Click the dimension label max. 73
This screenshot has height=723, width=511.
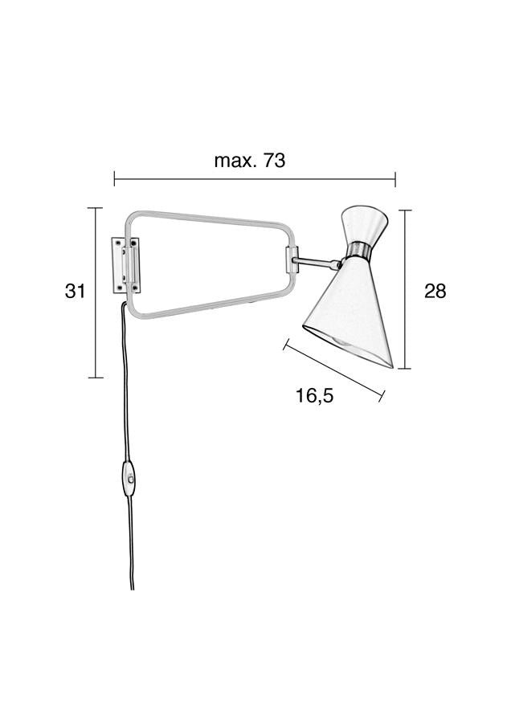click(x=250, y=161)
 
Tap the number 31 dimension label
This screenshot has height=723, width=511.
click(x=76, y=291)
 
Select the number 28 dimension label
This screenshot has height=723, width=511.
click(x=435, y=291)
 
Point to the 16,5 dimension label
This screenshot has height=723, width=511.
click(x=314, y=395)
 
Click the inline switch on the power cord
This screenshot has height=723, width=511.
click(x=129, y=479)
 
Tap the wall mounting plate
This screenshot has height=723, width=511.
click(x=126, y=265)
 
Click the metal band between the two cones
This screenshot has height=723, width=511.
click(x=359, y=250)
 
